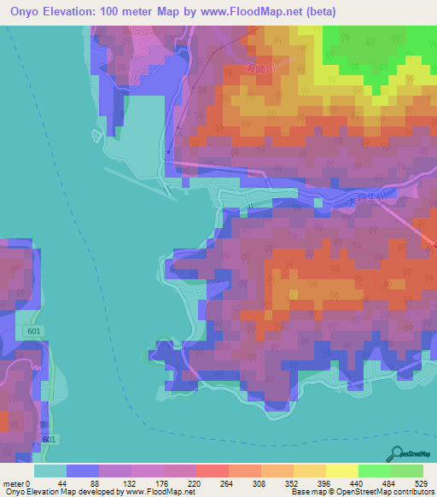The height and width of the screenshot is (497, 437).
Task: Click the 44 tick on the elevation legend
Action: [x=67, y=482]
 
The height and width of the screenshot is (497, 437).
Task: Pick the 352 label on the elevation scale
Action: [x=293, y=482]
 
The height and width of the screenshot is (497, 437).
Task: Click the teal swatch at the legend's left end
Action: [x=50, y=471]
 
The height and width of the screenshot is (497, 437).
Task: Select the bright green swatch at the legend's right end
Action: [x=407, y=471]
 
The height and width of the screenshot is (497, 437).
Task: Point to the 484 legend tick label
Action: [x=390, y=482]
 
